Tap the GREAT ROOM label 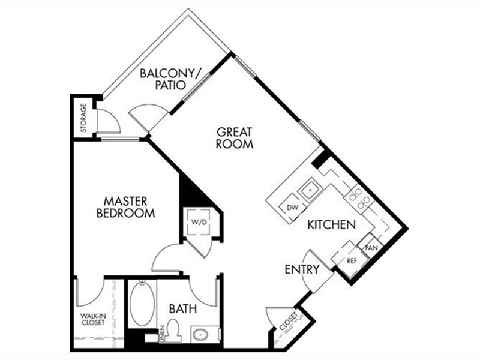pyautogui.click(x=235, y=138)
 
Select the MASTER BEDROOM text pyautogui.click(x=125, y=207)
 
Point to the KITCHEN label pyautogui.click(x=332, y=224)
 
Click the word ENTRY pyautogui.click(x=302, y=269)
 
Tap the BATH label pyautogui.click(x=183, y=309)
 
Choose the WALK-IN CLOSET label pyautogui.click(x=93, y=319)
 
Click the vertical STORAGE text pyautogui.click(x=83, y=118)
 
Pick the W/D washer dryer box pyautogui.click(x=199, y=222)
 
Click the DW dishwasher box pyautogui.click(x=293, y=208)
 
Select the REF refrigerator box pyautogui.click(x=351, y=260)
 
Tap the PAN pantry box pyautogui.click(x=371, y=247)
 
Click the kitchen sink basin pyautogui.click(x=310, y=190)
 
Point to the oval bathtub pyautogui.click(x=142, y=304)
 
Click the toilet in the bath pyautogui.click(x=173, y=331)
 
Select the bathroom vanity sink pyautogui.click(x=201, y=335)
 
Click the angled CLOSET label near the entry pyautogui.click(x=288, y=321)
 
